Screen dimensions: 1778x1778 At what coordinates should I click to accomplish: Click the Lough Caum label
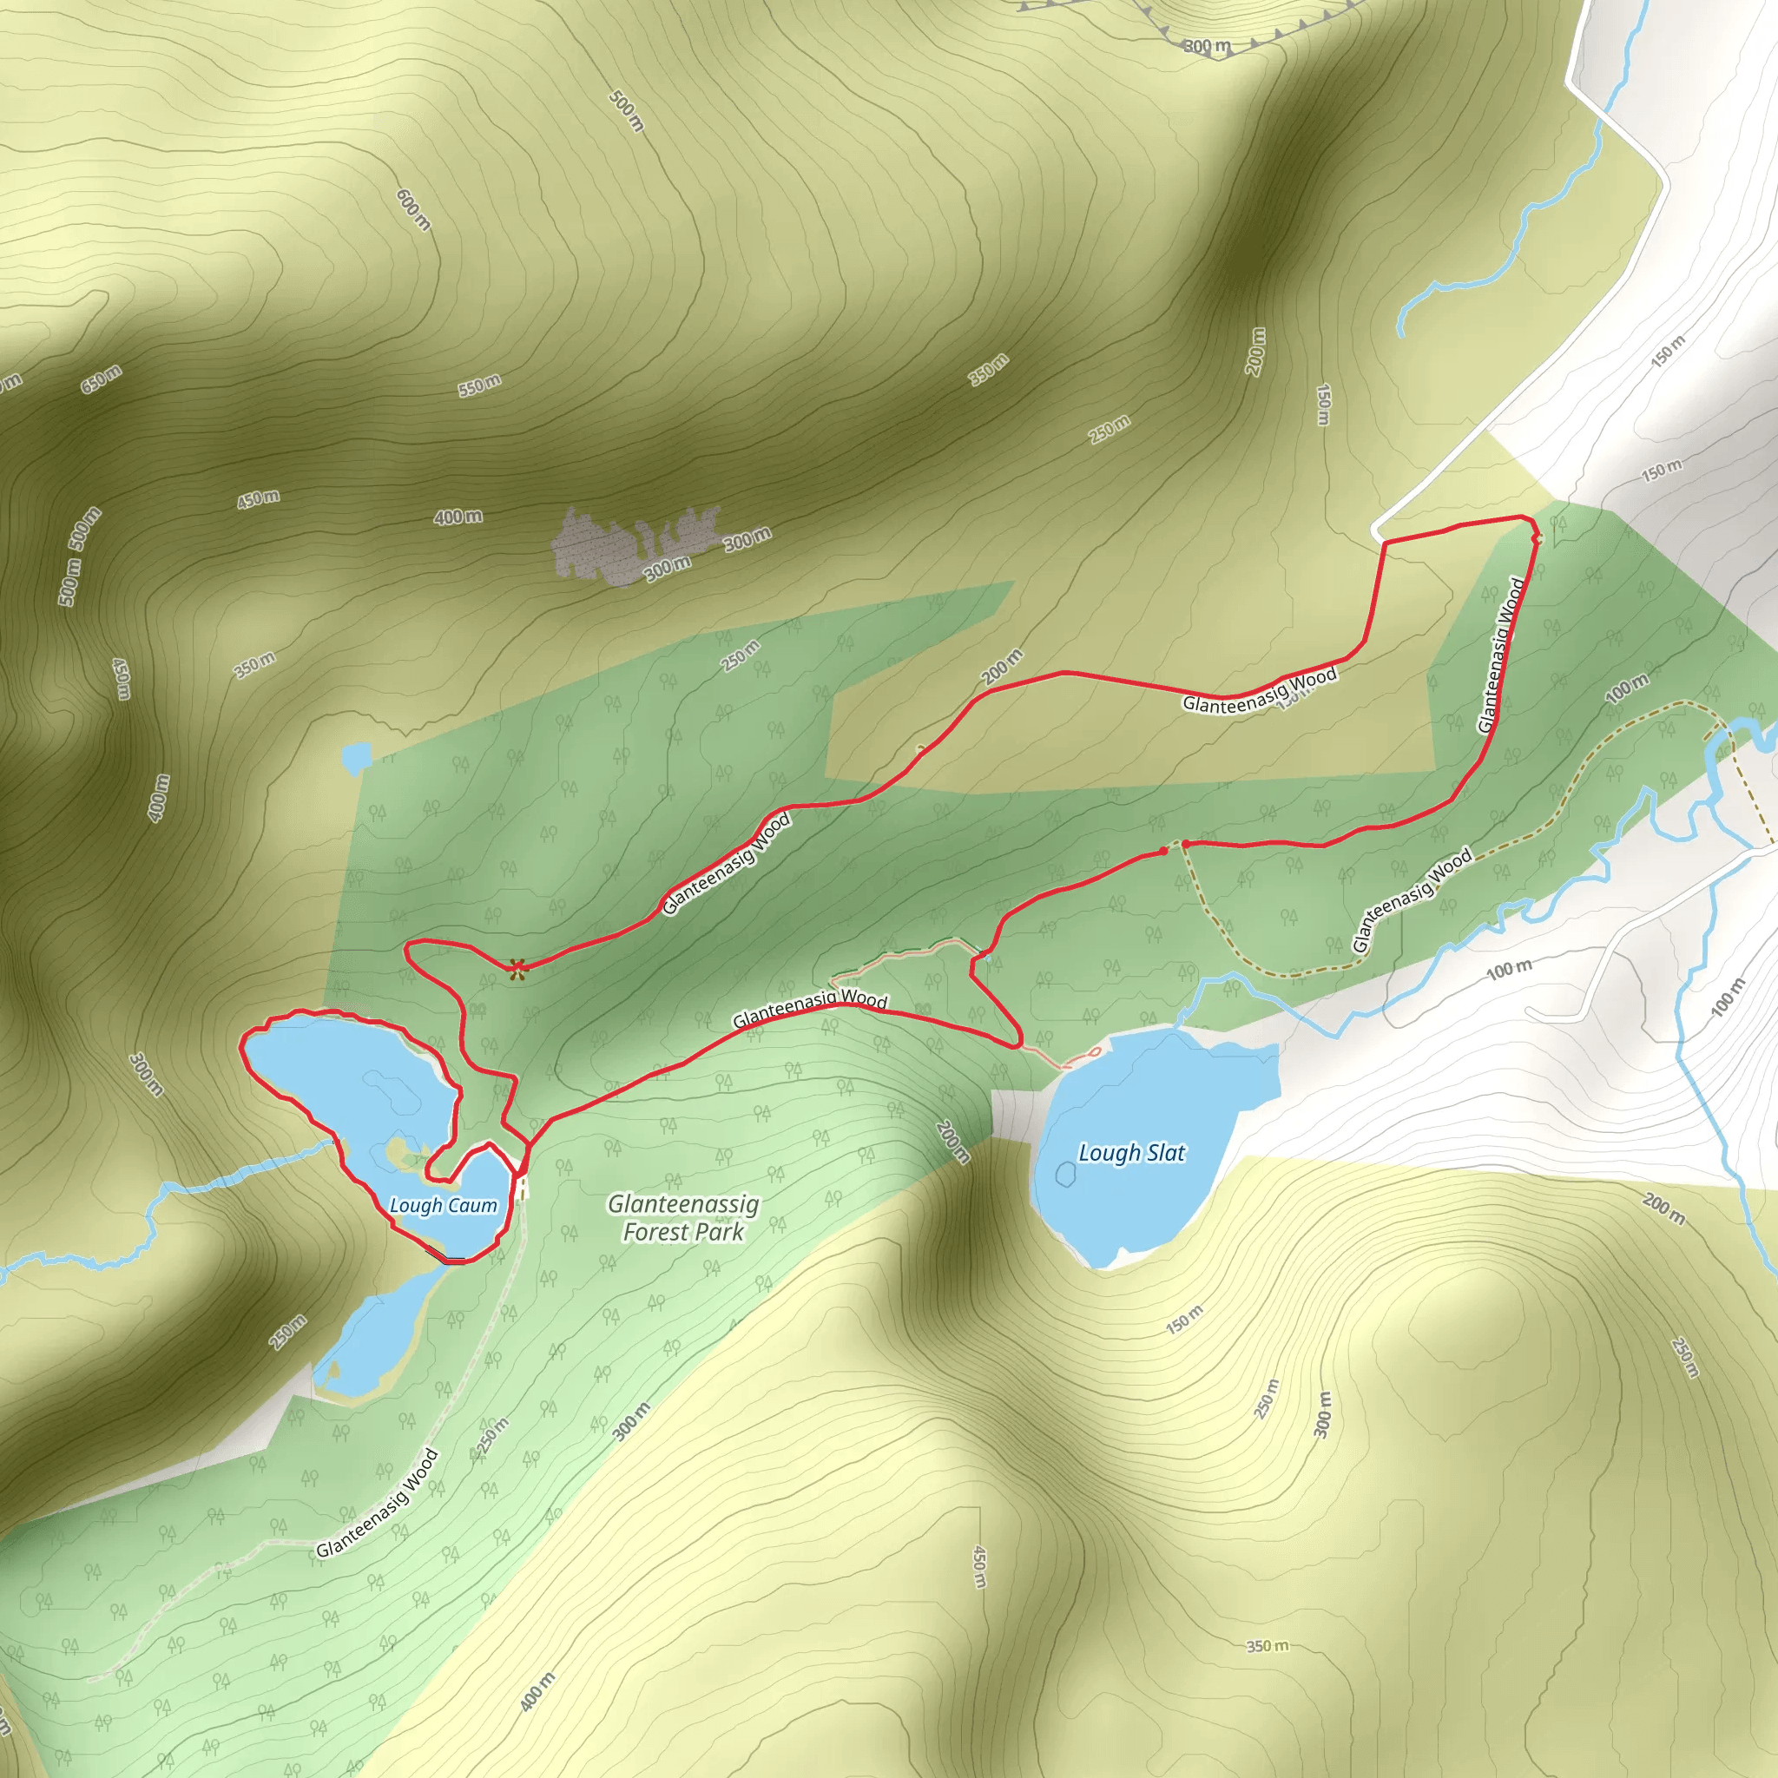click(443, 1205)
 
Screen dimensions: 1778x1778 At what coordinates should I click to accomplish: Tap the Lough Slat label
click(1131, 1152)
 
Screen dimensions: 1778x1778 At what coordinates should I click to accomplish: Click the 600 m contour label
click(413, 210)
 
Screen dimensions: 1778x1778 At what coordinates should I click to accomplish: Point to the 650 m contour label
click(101, 379)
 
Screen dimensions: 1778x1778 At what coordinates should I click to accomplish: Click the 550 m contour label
click(479, 385)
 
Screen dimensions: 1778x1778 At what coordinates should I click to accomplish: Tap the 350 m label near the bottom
click(1267, 1644)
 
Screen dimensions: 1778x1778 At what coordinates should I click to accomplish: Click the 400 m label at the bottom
click(537, 1690)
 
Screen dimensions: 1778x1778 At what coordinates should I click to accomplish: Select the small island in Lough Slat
click(1066, 1174)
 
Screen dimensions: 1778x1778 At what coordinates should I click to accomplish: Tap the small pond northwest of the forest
click(355, 757)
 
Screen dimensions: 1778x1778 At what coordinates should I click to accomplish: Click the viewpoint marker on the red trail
click(518, 967)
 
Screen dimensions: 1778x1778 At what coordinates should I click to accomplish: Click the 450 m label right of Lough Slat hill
click(979, 1565)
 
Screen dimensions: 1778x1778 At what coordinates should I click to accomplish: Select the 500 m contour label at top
click(627, 110)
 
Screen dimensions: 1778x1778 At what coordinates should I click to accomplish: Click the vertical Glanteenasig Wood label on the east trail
click(1500, 655)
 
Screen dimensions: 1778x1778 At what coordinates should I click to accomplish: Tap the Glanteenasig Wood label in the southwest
click(378, 1504)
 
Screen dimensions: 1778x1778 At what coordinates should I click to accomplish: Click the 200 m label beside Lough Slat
click(952, 1141)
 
